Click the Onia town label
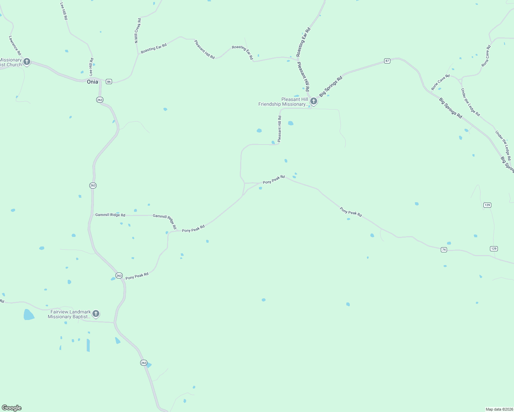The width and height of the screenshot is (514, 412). point(92,82)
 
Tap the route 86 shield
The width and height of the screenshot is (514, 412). point(109,81)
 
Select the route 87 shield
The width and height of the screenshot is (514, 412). point(387,61)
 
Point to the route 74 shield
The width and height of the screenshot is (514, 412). point(444,250)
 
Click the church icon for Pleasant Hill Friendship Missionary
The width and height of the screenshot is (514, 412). point(313,101)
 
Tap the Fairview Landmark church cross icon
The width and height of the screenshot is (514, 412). point(96,313)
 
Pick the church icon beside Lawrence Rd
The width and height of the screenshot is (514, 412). point(27,62)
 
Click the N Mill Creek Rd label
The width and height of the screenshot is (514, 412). point(137,31)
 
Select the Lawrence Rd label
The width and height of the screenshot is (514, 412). point(15,46)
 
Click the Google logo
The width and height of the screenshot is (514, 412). point(12,408)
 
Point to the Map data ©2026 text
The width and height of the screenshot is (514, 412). point(499,409)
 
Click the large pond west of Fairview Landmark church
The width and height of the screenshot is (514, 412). point(29,314)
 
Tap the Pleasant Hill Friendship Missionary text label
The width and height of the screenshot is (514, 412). point(283,102)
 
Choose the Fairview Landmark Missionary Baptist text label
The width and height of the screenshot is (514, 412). point(69,314)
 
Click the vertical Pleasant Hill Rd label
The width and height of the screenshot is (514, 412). point(279,129)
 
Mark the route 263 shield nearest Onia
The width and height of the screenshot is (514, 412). point(100,100)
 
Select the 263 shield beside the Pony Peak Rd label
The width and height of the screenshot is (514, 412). point(119,275)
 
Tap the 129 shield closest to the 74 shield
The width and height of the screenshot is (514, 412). point(494,249)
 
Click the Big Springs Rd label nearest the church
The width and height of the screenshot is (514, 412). point(331,86)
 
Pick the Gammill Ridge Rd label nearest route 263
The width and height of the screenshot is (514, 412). point(110,215)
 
